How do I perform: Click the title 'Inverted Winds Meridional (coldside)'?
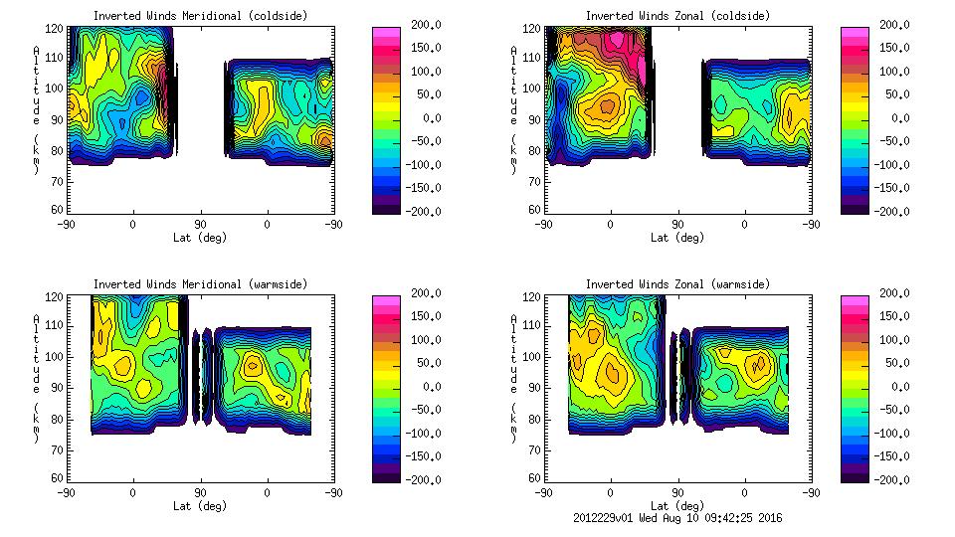click(x=200, y=16)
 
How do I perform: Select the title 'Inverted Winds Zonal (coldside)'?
click(x=677, y=16)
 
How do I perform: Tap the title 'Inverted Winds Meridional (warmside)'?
click(x=200, y=284)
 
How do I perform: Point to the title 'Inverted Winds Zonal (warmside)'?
click(x=677, y=284)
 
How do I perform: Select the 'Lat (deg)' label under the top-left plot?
click(x=200, y=238)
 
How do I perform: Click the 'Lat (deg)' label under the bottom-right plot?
click(x=677, y=506)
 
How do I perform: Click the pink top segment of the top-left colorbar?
click(x=386, y=32)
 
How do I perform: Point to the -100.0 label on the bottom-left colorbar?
click(x=425, y=433)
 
